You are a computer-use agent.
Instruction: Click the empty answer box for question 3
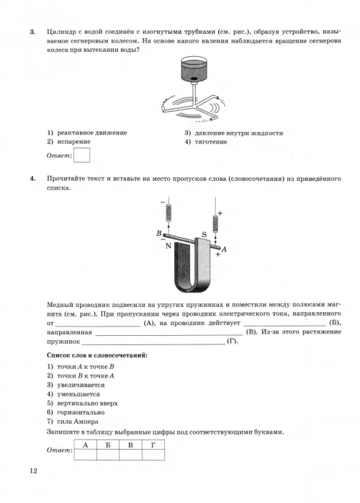click(x=81, y=155)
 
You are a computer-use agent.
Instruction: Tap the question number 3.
click(x=32, y=32)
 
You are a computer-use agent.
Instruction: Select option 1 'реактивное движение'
click(x=87, y=133)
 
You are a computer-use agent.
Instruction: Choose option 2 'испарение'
click(x=68, y=141)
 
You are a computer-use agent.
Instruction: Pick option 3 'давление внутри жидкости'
click(x=234, y=133)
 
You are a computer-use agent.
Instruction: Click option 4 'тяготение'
click(x=206, y=142)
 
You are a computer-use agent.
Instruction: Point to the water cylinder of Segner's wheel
click(x=194, y=69)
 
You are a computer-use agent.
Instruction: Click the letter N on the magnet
click(x=168, y=246)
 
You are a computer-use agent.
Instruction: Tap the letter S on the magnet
click(x=204, y=234)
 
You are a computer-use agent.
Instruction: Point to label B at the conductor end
click(x=158, y=233)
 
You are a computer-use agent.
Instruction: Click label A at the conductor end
click(x=224, y=249)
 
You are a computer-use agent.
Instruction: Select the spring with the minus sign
click(x=168, y=213)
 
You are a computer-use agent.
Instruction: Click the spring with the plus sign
click(x=215, y=223)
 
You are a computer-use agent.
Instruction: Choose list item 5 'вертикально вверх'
click(x=82, y=404)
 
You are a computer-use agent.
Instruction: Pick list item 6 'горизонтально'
click(x=76, y=412)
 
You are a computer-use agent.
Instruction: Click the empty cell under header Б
click(x=108, y=455)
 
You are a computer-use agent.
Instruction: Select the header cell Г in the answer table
click(x=153, y=445)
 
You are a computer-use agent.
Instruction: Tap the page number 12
click(x=33, y=471)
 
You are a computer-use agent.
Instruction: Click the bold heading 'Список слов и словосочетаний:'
click(x=97, y=355)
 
